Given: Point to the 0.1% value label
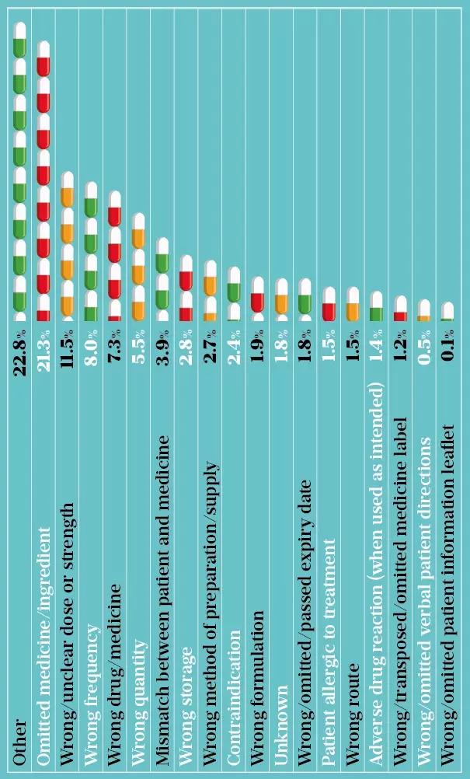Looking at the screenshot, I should [x=447, y=343].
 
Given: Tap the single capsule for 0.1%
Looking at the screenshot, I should [x=447, y=312].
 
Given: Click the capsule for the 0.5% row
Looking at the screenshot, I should [x=423, y=310].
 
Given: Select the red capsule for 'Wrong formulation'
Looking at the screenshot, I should [x=258, y=295].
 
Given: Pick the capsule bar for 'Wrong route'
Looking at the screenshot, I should [x=352, y=304].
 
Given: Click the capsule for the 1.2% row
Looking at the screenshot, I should [x=400, y=309].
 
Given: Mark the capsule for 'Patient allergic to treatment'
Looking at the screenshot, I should [x=329, y=304].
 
